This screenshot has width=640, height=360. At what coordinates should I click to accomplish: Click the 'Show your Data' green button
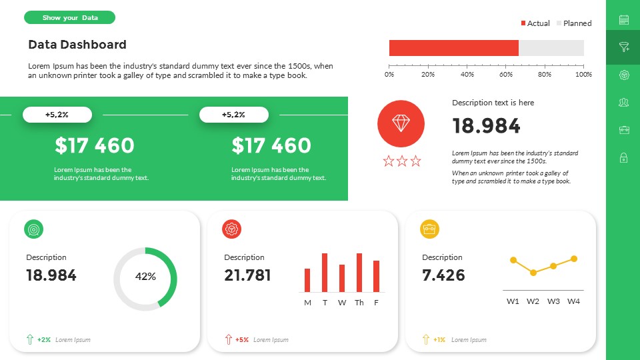(x=69, y=17)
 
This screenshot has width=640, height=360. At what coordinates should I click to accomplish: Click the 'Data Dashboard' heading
(x=77, y=45)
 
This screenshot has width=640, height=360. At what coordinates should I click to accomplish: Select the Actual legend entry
(x=535, y=23)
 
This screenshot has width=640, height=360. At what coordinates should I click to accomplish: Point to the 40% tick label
(x=467, y=75)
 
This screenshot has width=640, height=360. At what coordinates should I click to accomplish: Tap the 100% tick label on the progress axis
(x=583, y=75)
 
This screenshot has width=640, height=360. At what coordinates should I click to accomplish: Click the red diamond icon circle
(x=401, y=123)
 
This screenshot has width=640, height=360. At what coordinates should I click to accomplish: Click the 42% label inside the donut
(x=145, y=277)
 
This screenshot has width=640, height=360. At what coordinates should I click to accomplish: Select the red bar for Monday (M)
(x=307, y=280)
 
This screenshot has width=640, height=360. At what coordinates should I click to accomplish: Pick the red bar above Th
(x=359, y=272)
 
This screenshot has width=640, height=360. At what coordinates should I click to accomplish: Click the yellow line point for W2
(x=533, y=273)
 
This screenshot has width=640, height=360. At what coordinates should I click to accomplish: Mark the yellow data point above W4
(x=574, y=259)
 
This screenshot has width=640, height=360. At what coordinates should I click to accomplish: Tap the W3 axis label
(x=553, y=301)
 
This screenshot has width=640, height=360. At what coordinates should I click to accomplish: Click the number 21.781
(x=247, y=275)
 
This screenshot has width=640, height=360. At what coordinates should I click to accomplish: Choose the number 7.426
(x=443, y=275)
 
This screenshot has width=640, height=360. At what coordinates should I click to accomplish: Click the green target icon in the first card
(x=34, y=229)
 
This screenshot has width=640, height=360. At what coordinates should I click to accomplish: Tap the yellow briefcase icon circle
(x=430, y=229)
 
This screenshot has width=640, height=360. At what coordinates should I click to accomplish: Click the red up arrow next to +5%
(x=229, y=339)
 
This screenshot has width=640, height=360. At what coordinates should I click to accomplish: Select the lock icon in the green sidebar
(x=624, y=158)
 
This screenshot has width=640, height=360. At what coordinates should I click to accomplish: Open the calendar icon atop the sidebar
(x=624, y=20)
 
